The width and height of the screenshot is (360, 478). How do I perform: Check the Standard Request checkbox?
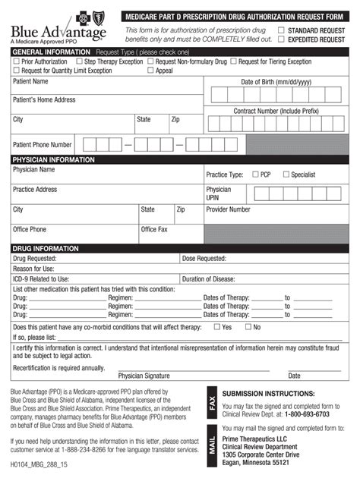pyautogui.click(x=282, y=30)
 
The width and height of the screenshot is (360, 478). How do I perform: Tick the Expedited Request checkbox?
pyautogui.click(x=282, y=39)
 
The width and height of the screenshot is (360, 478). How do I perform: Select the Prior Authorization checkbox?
pyautogui.click(x=16, y=61)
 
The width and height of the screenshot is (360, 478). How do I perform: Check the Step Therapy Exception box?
pyautogui.click(x=78, y=61)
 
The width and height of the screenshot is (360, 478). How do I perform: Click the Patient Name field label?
pyautogui.click(x=30, y=80)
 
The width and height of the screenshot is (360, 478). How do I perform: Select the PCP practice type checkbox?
pyautogui.click(x=254, y=175)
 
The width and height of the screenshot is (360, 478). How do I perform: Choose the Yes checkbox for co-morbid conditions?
pyautogui.click(x=216, y=327)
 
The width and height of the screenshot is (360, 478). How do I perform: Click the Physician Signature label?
pyautogui.click(x=144, y=375)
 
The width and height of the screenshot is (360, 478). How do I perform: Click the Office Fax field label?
pyautogui.click(x=154, y=229)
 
